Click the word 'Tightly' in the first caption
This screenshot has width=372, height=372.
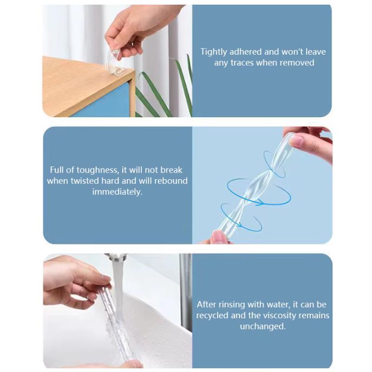pyautogui.click(x=214, y=52)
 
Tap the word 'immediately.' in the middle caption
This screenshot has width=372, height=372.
pyautogui.click(x=117, y=192)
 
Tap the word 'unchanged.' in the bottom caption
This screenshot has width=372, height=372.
pyautogui.click(x=263, y=326)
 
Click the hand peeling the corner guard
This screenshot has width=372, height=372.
pyautogui.click(x=135, y=28)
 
